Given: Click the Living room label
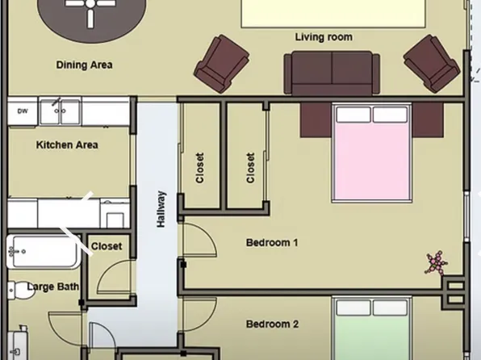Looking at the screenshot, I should (x=324, y=37).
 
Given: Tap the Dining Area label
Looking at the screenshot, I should (x=84, y=65).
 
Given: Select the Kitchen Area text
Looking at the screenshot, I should (x=67, y=145).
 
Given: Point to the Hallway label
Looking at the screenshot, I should (x=161, y=208).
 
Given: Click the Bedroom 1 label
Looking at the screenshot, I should (x=272, y=242).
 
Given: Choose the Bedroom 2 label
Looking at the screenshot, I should (x=272, y=324).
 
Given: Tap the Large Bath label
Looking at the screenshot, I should (x=53, y=287).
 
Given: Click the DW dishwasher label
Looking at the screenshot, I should (x=23, y=111).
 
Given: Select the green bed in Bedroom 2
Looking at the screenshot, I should (x=372, y=331).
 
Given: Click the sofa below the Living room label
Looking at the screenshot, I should (x=332, y=73).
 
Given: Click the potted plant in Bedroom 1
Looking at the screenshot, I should (x=437, y=264).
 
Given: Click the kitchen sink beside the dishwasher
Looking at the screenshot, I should (x=60, y=111).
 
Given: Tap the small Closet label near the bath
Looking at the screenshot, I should (x=107, y=246).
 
